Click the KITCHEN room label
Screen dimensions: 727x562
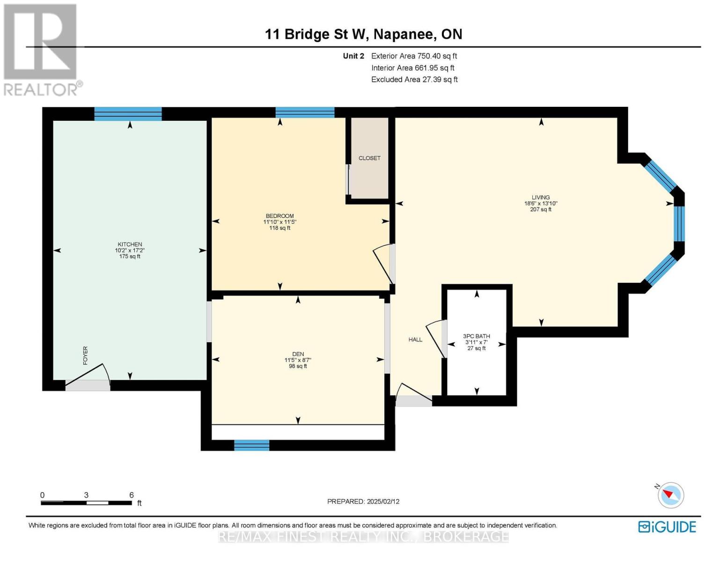point(130,244)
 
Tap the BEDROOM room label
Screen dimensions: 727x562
point(279,216)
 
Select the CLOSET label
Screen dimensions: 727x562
point(369,158)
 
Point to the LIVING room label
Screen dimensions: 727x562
point(541,198)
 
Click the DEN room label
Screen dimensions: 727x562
point(298,354)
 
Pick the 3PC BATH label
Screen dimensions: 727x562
point(477,336)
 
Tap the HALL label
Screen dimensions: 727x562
point(415,340)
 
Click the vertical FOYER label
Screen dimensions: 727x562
point(85,355)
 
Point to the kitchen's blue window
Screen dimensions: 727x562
point(128,114)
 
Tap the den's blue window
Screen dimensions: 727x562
point(251,445)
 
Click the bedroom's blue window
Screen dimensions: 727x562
point(305,112)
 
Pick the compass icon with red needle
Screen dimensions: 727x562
point(670,495)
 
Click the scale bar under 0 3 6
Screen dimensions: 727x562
point(86,503)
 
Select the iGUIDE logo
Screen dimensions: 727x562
point(667,527)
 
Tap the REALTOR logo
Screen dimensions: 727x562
point(42,50)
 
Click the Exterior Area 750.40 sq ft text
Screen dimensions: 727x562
point(414,56)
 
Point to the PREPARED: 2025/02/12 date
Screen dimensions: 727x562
point(363,502)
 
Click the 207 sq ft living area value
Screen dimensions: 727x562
point(541,209)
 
